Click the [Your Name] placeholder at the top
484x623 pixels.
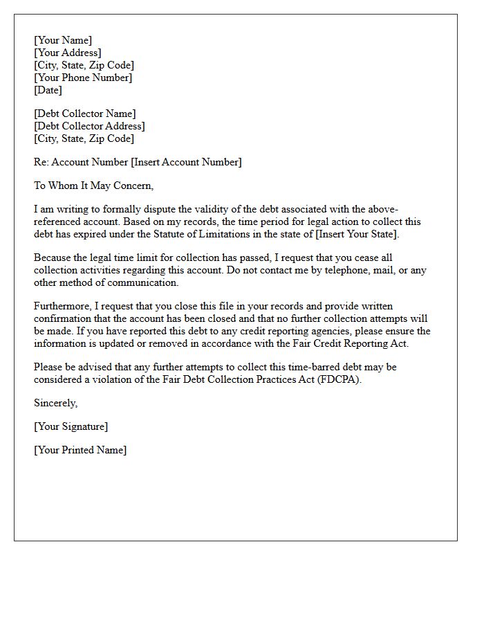pos(63,40)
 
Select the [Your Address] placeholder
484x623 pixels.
pos(68,53)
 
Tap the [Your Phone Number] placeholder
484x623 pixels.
pos(83,78)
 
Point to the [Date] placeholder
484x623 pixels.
pos(48,90)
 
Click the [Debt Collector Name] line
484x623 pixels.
pos(85,114)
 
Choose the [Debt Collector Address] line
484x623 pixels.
pos(89,126)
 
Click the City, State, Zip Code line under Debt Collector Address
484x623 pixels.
pos(84,138)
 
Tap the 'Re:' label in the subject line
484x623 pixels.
pos(41,162)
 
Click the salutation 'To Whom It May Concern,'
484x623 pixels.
pos(93,186)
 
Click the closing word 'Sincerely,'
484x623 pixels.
pos(56,403)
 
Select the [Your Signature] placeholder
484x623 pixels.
pos(71,426)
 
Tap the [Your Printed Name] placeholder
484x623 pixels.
pos(80,450)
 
